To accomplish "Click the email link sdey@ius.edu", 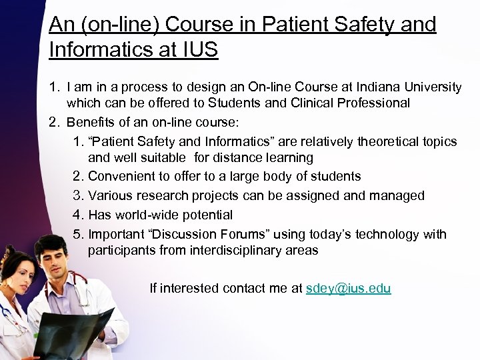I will click(348, 289).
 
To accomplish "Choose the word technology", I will click(390, 234).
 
